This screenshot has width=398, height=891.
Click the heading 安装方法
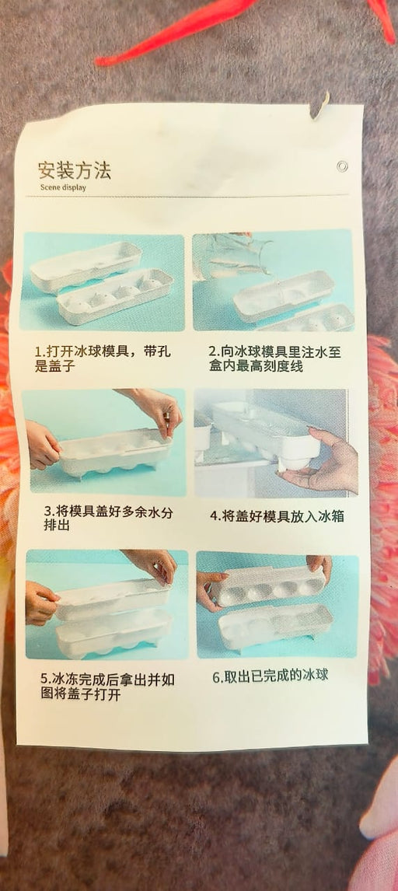[x=75, y=170]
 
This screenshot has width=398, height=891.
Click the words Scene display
[x=64, y=187]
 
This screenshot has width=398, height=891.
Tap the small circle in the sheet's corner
[x=341, y=166]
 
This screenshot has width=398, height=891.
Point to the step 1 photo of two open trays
[x=102, y=282]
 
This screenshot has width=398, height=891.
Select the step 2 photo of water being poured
[x=273, y=280]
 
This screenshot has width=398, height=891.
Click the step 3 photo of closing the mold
[x=104, y=442]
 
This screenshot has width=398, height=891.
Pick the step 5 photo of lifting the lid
[x=106, y=604]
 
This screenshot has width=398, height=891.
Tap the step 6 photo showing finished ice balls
[x=278, y=604]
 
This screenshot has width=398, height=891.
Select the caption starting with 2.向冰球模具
[x=275, y=358]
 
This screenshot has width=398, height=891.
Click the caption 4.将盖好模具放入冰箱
[x=277, y=516]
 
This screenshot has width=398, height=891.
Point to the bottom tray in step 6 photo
[x=276, y=626]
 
